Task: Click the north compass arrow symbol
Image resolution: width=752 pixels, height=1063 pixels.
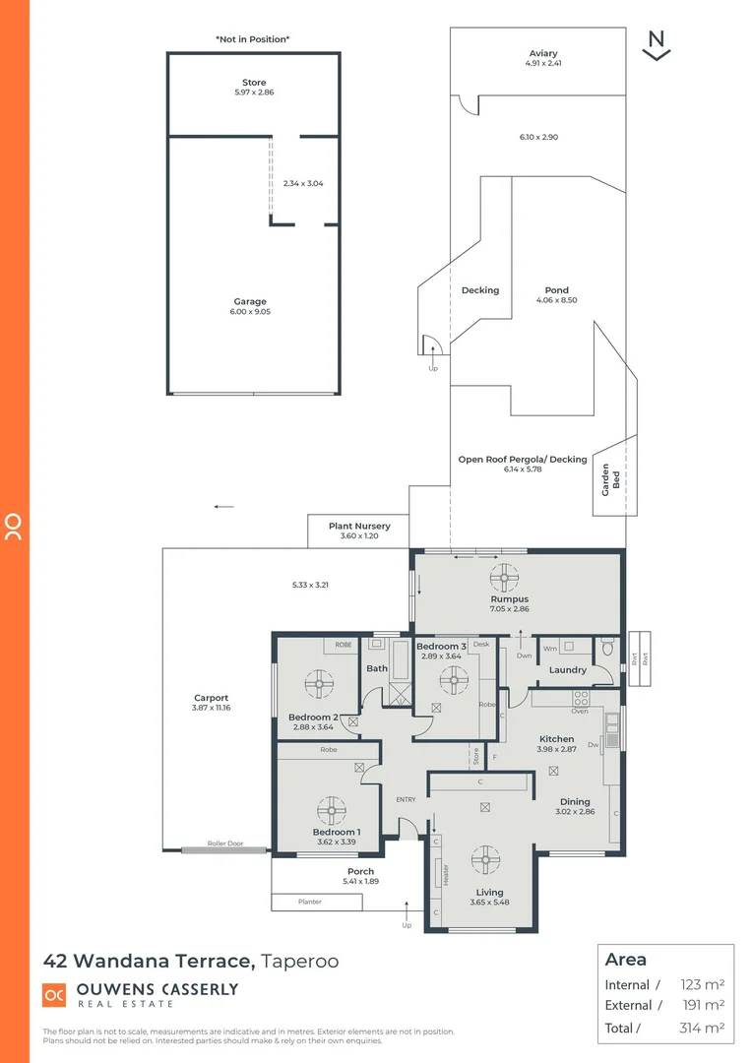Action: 656,46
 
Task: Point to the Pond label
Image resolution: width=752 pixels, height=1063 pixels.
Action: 556,290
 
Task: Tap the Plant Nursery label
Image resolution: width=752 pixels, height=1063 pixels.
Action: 358,527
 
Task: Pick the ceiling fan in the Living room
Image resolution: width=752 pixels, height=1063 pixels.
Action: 485,859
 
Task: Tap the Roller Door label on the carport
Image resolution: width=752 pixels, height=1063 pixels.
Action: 223,844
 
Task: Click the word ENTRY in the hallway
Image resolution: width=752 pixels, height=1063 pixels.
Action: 406,799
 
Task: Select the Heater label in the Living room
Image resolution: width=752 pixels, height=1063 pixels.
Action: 445,875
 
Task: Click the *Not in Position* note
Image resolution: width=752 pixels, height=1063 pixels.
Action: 253,39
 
